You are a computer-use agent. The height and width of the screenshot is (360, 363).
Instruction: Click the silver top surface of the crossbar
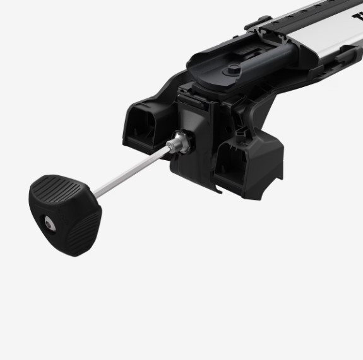coord(316,25)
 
